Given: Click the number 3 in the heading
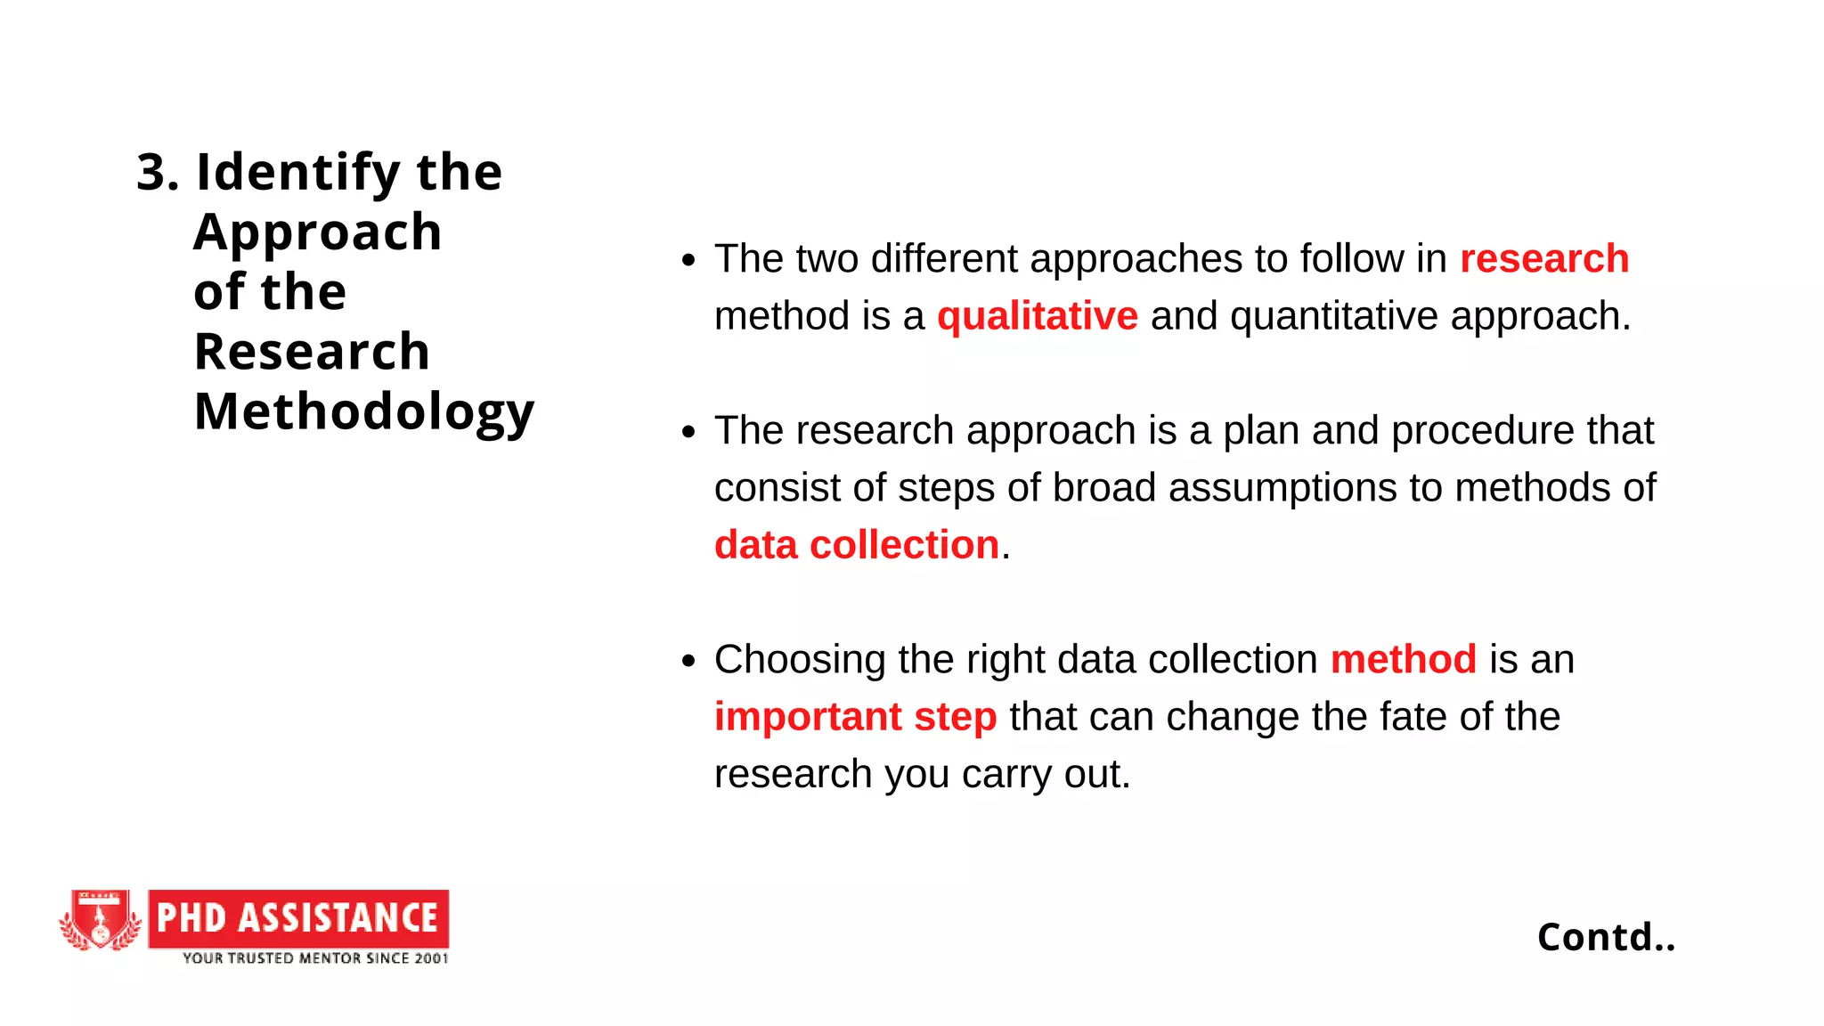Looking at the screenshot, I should point(151,172).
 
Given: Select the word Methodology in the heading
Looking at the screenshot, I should point(364,413).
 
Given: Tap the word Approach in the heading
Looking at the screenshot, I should point(318,233).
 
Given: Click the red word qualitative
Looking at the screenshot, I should point(1037,316).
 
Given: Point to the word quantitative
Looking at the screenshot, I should point(1333,316).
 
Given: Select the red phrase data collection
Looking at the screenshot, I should point(856,545).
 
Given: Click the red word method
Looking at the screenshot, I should point(1403,660).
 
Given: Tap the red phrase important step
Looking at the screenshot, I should point(855,717).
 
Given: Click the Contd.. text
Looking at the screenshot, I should point(1606,937).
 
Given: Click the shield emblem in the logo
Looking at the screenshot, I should point(101,919).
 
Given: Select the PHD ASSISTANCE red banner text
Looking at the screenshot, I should point(298,918).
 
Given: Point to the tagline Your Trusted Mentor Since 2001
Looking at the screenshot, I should point(315,958).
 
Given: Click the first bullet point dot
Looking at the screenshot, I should point(688,260).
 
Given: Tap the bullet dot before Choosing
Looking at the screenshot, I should point(688,661).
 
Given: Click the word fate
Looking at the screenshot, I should point(1412,717).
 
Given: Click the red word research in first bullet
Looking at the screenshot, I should point(1543,259).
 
